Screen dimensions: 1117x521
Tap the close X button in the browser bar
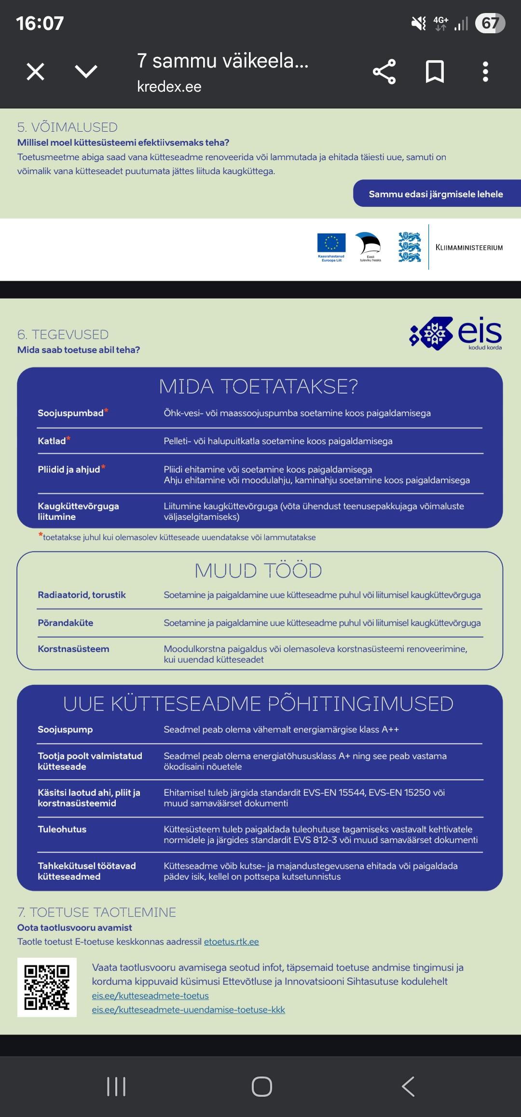pyautogui.click(x=35, y=72)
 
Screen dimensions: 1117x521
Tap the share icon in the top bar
pyautogui.click(x=384, y=72)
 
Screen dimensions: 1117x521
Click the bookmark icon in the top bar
pyautogui.click(x=435, y=72)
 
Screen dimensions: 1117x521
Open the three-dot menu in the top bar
pyautogui.click(x=485, y=72)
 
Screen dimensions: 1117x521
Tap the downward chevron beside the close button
pyautogui.click(x=86, y=72)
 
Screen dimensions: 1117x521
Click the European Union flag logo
pyautogui.click(x=331, y=243)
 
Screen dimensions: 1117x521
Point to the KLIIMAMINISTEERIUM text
pyautogui.click(x=469, y=247)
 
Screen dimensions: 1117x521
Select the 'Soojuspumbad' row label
pyautogui.click(x=70, y=413)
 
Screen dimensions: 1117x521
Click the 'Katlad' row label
pyautogui.click(x=52, y=441)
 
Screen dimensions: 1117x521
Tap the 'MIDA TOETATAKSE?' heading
pyautogui.click(x=259, y=387)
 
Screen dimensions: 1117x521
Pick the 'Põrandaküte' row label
pyautogui.click(x=65, y=623)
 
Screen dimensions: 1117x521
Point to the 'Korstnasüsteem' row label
pyautogui.click(x=73, y=649)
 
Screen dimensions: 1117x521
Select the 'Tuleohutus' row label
pyautogui.click(x=62, y=829)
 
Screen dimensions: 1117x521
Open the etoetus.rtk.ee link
pyautogui.click(x=231, y=941)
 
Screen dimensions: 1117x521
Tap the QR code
pyautogui.click(x=47, y=987)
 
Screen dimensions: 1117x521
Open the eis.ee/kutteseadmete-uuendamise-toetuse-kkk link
pyautogui.click(x=188, y=1009)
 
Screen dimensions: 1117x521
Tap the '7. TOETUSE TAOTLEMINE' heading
pyautogui.click(x=96, y=912)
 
